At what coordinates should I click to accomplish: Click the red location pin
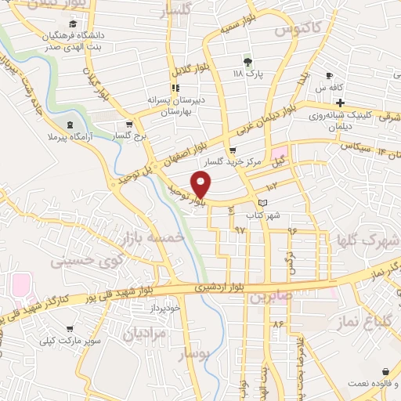(x=201, y=184)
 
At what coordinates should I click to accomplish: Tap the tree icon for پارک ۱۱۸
(x=247, y=63)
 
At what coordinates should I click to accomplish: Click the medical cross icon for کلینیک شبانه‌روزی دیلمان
(x=340, y=103)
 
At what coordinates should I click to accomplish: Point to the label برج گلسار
(x=129, y=135)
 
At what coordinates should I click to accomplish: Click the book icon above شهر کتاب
(x=262, y=203)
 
